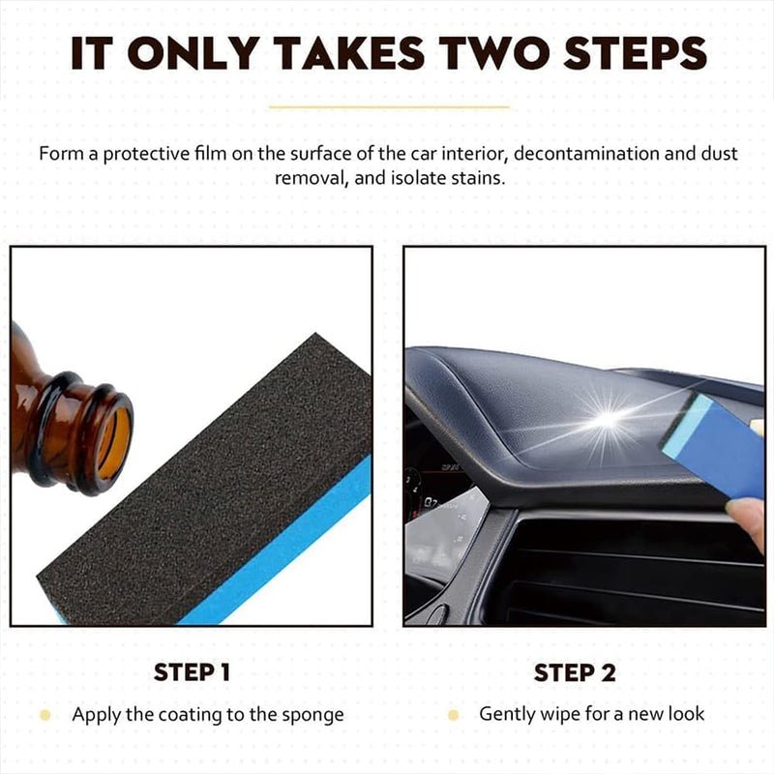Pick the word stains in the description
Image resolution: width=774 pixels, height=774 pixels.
[476, 178]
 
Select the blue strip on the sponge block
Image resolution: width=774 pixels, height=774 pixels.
[281, 551]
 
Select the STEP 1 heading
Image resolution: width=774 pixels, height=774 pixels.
[192, 672]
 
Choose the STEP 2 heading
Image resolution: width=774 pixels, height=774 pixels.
[575, 672]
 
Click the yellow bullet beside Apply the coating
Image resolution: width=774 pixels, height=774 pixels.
[45, 716]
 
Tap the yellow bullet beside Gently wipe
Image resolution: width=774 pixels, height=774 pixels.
[453, 715]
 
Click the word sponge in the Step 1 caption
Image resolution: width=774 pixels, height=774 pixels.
[312, 717]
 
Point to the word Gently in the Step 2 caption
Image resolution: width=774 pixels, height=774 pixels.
[509, 715]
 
